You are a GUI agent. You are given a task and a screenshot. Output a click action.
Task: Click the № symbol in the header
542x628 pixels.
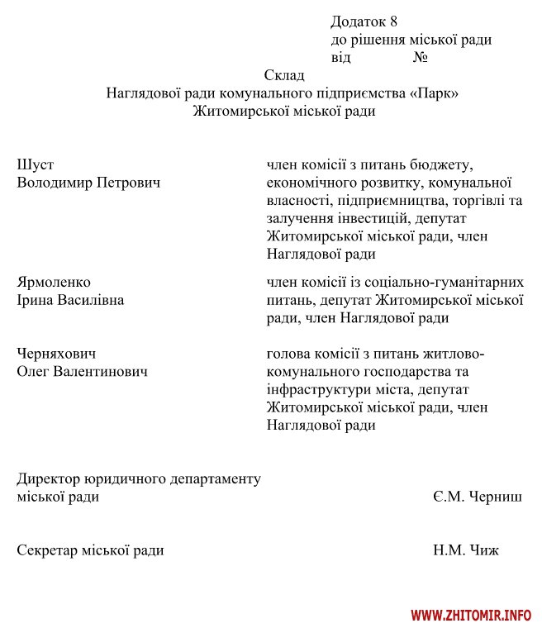(419, 58)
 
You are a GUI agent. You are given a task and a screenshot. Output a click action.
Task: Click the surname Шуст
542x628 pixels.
(35, 164)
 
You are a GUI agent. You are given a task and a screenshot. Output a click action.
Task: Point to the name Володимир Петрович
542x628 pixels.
(88, 183)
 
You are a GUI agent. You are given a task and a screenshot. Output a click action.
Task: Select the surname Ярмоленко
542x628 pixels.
(54, 283)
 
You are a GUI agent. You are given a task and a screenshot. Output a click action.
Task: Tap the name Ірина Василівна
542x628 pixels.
(70, 300)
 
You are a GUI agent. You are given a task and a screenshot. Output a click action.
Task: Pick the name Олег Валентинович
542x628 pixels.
(83, 372)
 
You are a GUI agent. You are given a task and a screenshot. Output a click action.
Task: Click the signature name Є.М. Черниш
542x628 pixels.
(476, 497)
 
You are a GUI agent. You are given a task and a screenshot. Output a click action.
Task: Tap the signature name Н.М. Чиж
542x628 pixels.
(465, 550)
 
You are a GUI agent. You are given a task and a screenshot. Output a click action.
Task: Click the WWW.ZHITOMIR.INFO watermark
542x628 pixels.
(471, 616)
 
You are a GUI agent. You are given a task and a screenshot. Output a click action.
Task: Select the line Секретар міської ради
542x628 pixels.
(90, 550)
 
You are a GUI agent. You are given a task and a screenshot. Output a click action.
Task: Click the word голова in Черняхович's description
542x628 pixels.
(289, 354)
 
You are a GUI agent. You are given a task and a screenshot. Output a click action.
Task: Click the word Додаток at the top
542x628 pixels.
(357, 21)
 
